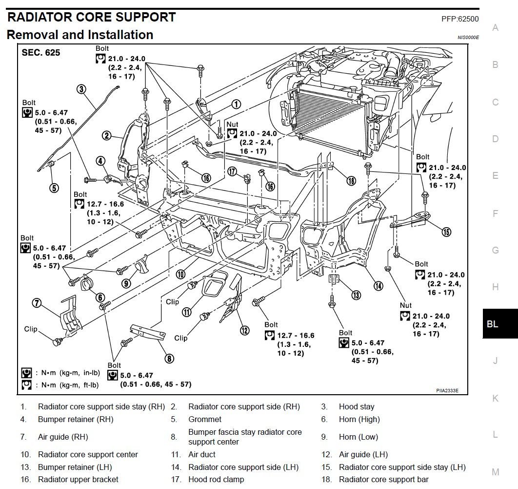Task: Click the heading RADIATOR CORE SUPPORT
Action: [x=91, y=18]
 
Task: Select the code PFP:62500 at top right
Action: [x=459, y=20]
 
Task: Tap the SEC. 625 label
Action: [x=40, y=53]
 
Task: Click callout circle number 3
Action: [x=81, y=88]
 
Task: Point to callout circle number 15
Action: [x=446, y=232]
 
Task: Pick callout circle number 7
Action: [x=36, y=302]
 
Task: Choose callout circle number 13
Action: [x=356, y=295]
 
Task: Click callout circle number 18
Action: [x=351, y=180]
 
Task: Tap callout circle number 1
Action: [x=236, y=104]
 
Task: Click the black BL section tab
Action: [x=493, y=324]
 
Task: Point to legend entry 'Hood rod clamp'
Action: [x=216, y=479]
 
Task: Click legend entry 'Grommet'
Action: [x=205, y=419]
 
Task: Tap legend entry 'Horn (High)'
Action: [x=359, y=419]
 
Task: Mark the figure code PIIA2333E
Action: [x=447, y=390]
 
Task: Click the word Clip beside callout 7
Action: [x=31, y=329]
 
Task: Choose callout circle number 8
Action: [x=169, y=359]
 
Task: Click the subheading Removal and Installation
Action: [x=80, y=35]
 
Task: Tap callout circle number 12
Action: [x=244, y=330]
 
